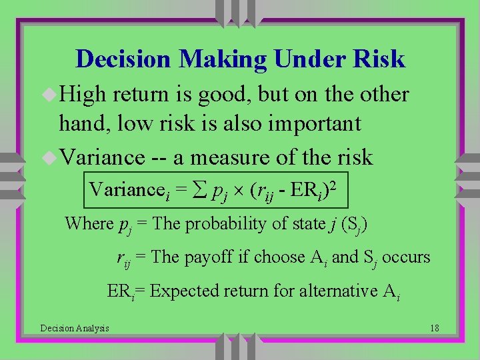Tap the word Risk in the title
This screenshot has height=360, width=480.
tap(379, 59)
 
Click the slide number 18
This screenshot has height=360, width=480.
tap(434, 327)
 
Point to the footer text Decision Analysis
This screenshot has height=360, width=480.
tap(75, 327)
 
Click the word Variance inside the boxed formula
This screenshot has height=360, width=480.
tap(122, 190)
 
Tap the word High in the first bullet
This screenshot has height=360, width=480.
tap(83, 95)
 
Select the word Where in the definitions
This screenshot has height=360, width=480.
tap(89, 223)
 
